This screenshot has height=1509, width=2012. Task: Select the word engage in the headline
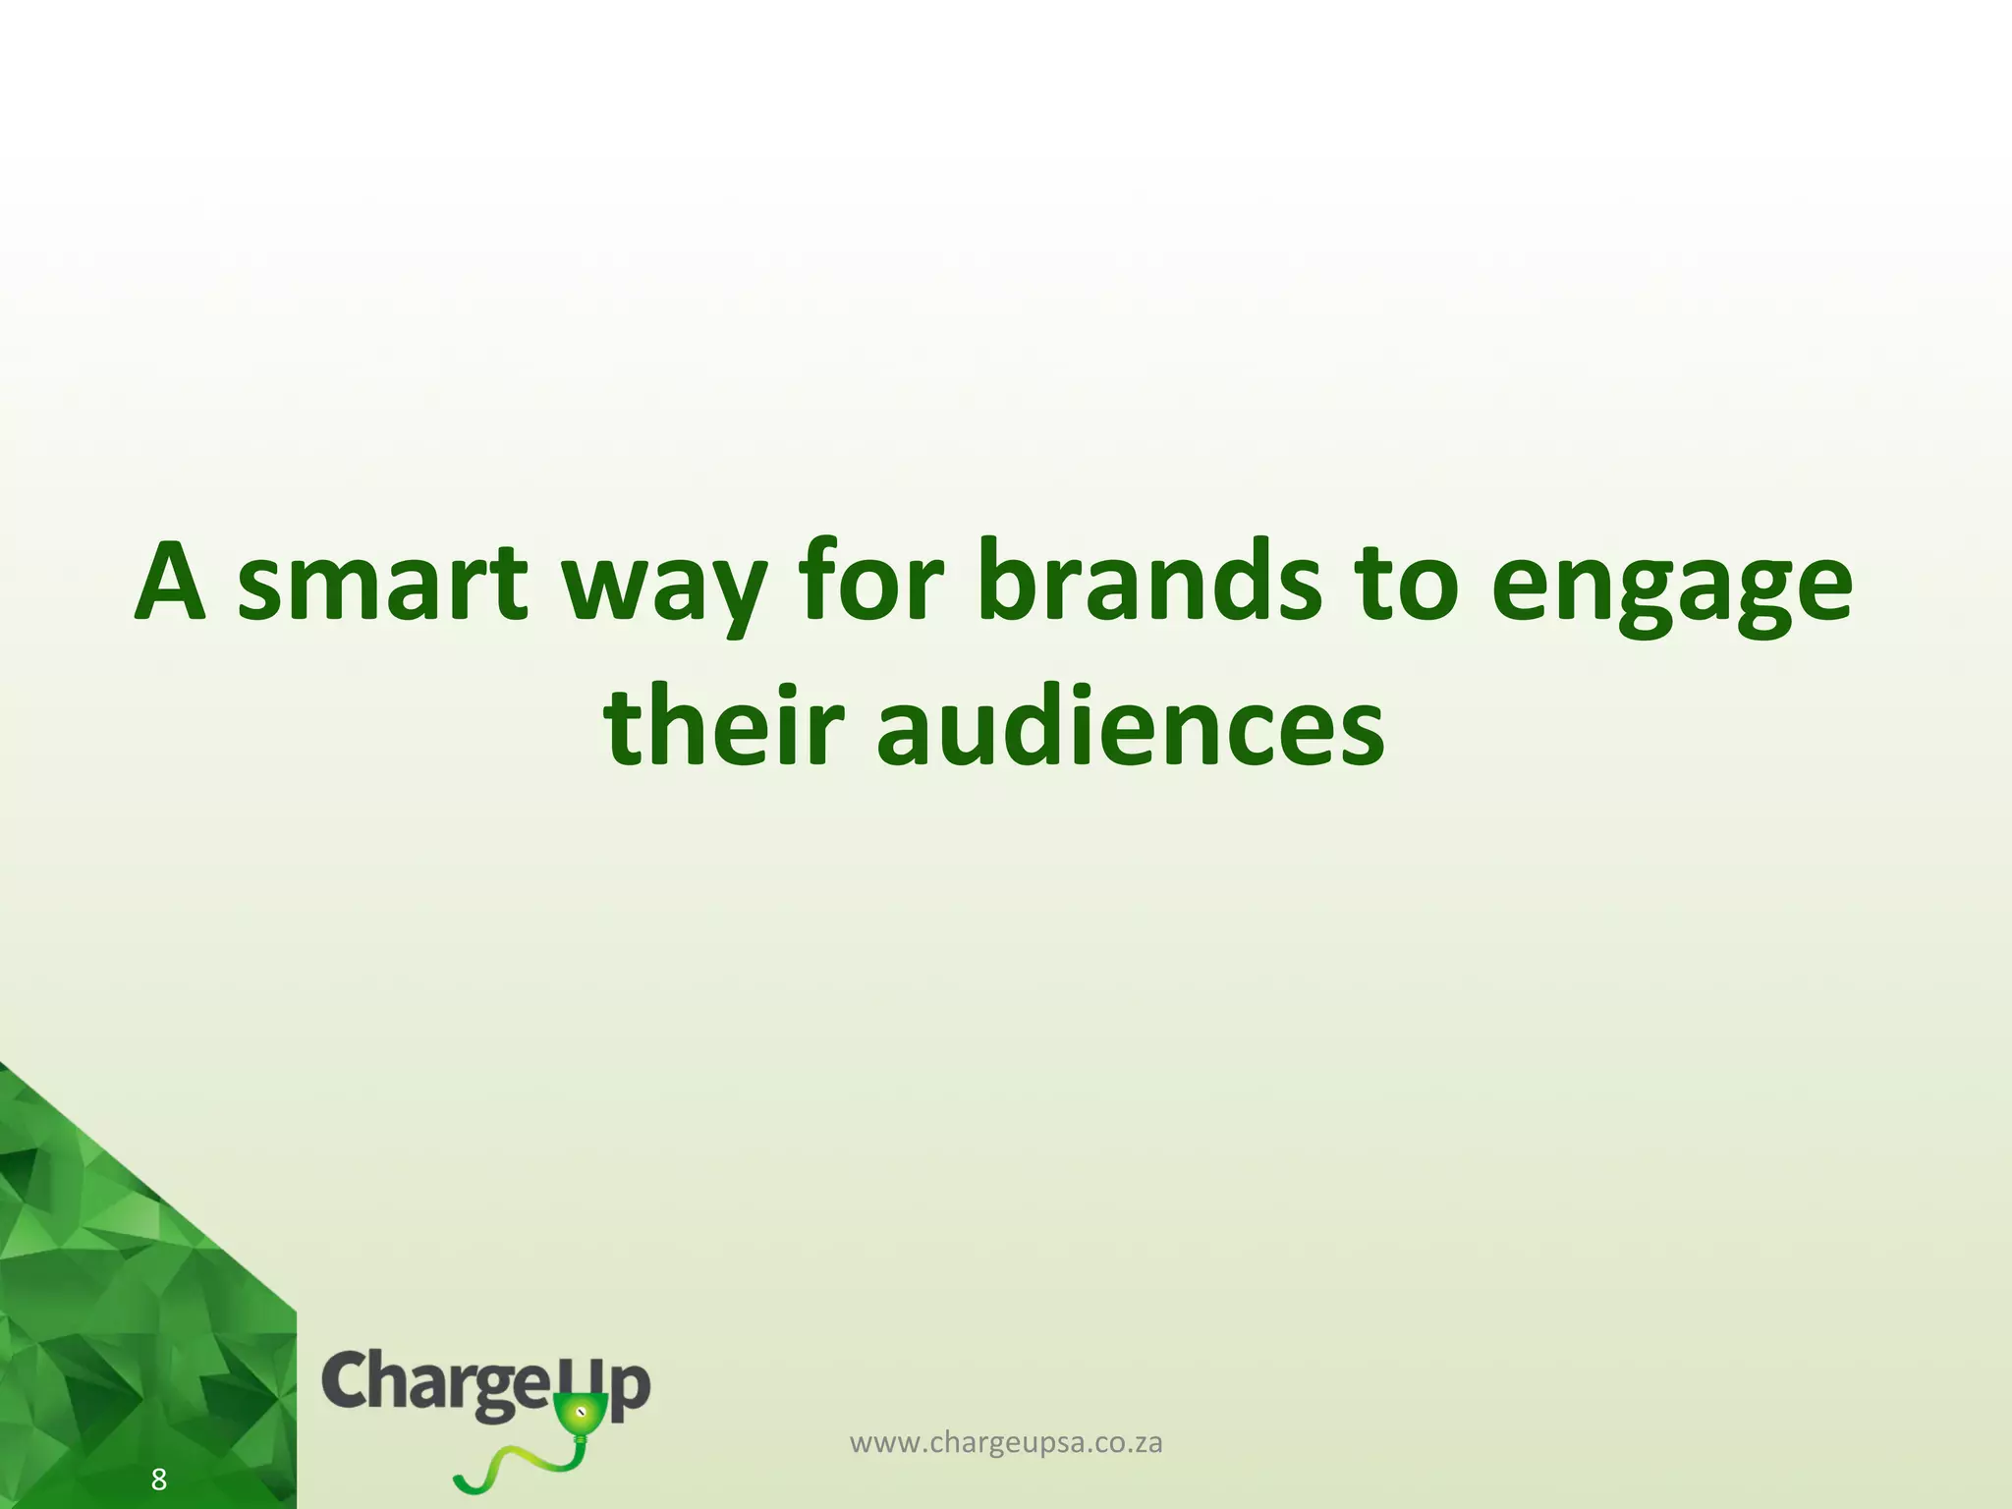tap(1671, 589)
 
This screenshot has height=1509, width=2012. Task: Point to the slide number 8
tap(158, 1479)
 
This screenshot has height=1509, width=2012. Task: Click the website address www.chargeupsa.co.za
tap(1006, 1443)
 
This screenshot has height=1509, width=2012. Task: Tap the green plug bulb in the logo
tap(580, 1415)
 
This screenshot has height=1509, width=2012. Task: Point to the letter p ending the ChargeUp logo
tap(630, 1387)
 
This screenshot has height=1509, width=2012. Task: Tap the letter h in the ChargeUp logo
tap(390, 1379)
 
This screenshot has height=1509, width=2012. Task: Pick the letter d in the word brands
tap(1244, 580)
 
